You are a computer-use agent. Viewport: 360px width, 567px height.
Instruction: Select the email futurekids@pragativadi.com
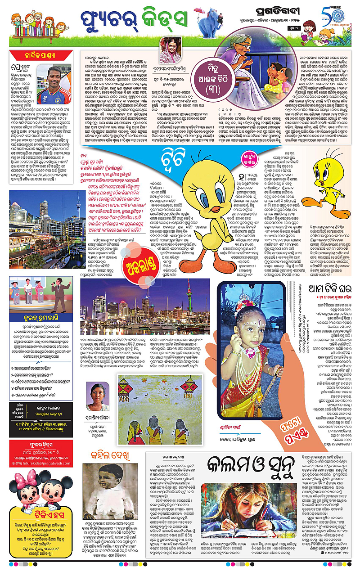tap(40, 471)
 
